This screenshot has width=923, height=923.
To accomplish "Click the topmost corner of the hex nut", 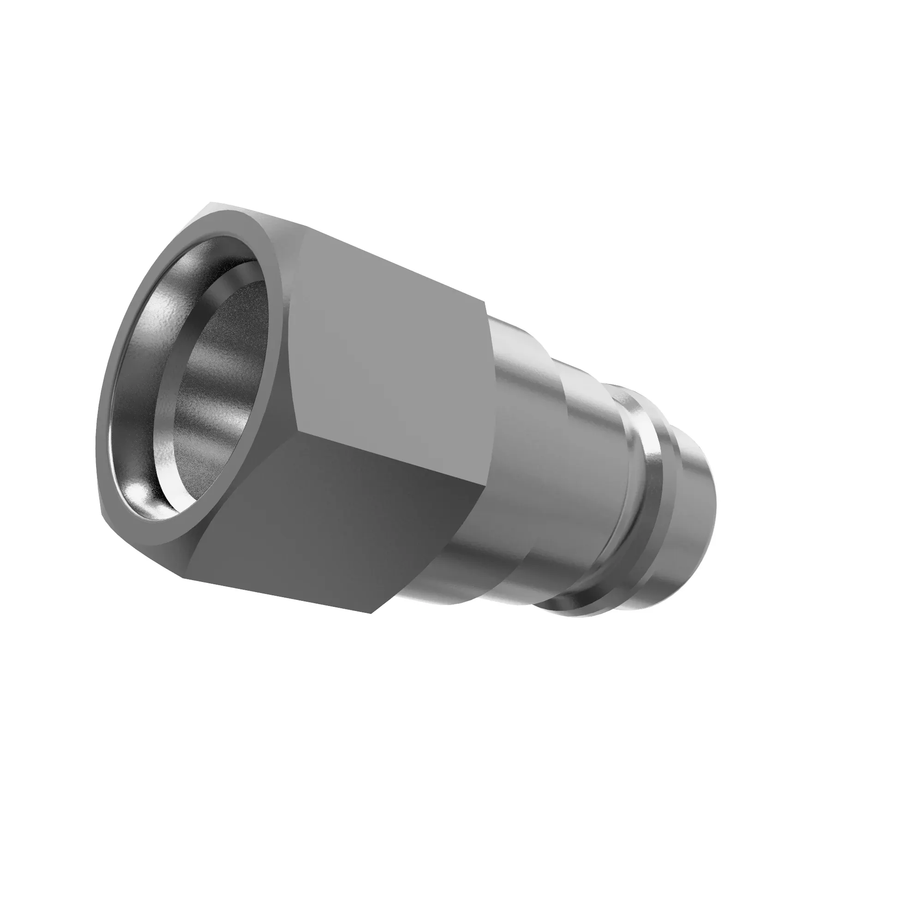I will click(210, 204).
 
